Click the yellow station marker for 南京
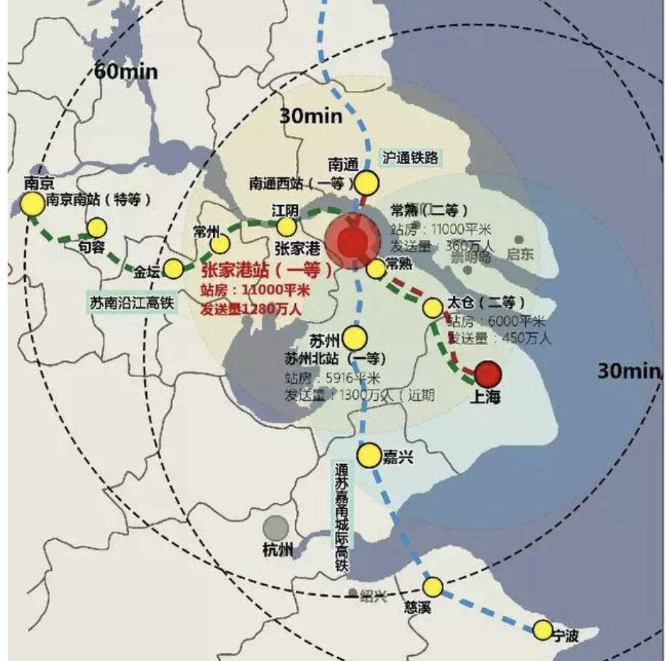coord(31,204)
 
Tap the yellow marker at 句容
coord(97,228)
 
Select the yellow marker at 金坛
coord(173,269)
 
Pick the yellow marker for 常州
coord(220,244)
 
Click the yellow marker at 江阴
coord(287,226)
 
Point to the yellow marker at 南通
coord(367,183)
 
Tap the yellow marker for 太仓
coord(433,309)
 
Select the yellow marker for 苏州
coord(355,338)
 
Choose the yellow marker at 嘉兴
coord(369,456)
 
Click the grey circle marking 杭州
coord(276,528)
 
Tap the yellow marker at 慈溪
coord(433,587)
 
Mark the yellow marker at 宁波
coord(542,631)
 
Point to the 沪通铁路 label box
coord(411,157)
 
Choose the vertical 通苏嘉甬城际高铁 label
coord(342,517)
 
